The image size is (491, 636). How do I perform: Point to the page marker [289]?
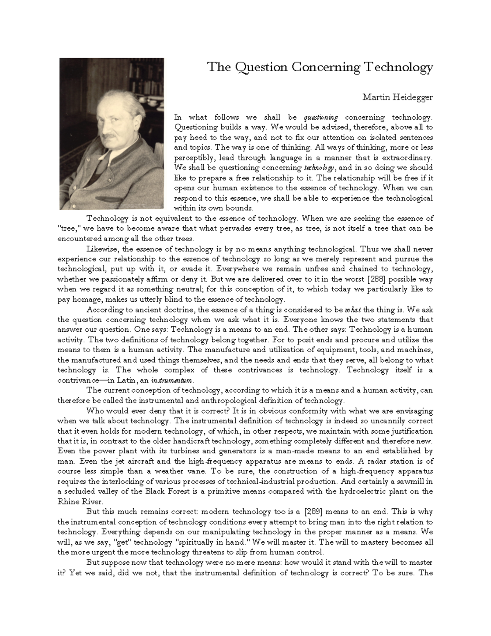tap(313, 512)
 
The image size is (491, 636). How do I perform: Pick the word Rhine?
tap(68, 501)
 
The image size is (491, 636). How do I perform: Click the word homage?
tap(86, 299)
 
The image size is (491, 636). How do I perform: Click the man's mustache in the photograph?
tap(110, 135)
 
